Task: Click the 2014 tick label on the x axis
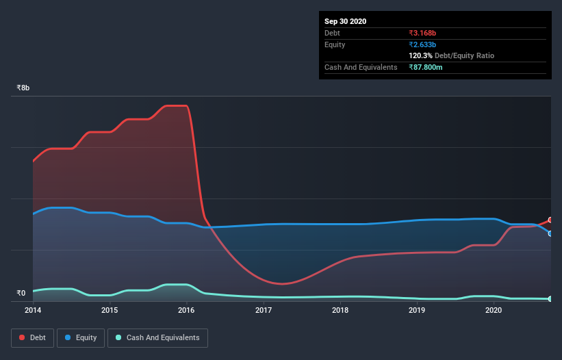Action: [x=33, y=310]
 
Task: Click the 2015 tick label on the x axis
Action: [x=110, y=310]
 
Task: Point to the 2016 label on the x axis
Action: [x=186, y=310]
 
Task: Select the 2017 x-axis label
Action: [x=264, y=310]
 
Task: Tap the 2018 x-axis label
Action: [x=340, y=310]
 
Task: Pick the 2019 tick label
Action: [x=417, y=310]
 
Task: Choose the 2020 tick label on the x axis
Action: [x=494, y=310]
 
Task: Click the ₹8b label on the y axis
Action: [x=23, y=88]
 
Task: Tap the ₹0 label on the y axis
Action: [x=21, y=294]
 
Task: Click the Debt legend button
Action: [x=32, y=337]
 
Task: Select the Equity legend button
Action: [x=81, y=337]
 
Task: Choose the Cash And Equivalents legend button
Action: [x=157, y=337]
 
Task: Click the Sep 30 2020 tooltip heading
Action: [x=345, y=21]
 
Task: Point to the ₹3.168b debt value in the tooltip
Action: [x=424, y=33]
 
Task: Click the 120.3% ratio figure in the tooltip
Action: [x=421, y=55]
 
